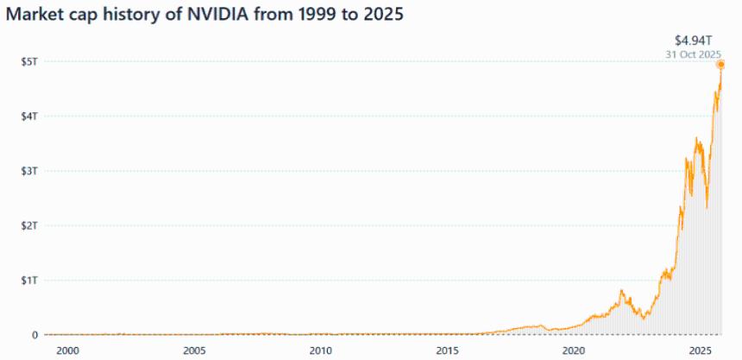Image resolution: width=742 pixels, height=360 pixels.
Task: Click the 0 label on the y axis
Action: pos(35,335)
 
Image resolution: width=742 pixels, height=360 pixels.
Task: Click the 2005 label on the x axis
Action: pos(194,351)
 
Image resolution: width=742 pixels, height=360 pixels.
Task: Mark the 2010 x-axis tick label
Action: pos(321,351)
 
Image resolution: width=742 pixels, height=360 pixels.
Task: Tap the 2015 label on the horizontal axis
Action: pos(447,351)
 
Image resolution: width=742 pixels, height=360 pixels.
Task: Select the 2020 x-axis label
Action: pos(574,351)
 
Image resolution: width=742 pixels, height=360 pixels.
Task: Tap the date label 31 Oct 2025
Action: pos(693,54)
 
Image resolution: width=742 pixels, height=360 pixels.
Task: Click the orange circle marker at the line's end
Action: pos(720,65)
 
